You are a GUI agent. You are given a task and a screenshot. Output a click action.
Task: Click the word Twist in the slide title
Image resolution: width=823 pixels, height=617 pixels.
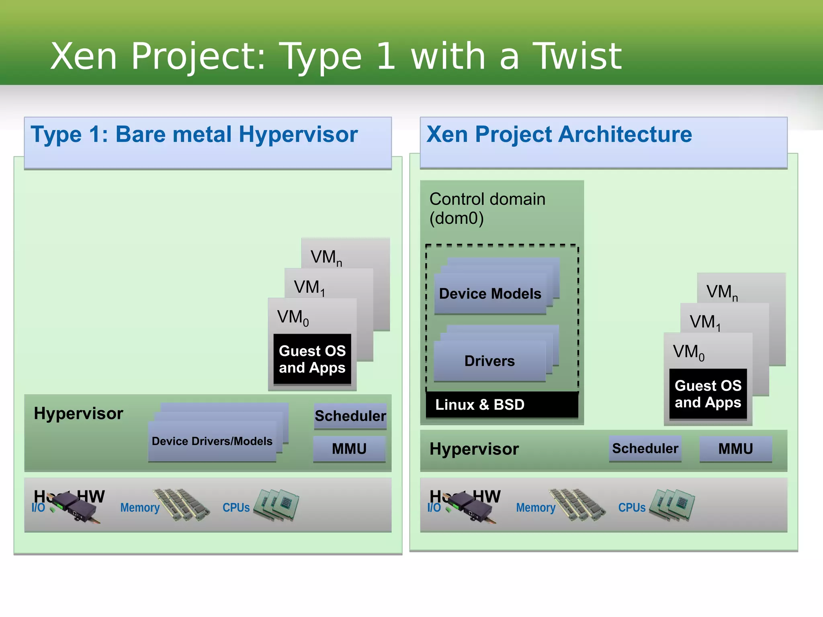pyautogui.click(x=577, y=56)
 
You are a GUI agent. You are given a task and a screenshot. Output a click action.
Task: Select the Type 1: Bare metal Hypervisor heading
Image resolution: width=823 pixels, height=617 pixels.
pyautogui.click(x=194, y=134)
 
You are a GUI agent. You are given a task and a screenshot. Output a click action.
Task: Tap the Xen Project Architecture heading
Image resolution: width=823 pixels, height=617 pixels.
pyautogui.click(x=559, y=134)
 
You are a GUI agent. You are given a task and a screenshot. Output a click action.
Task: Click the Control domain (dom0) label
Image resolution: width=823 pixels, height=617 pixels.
pyautogui.click(x=487, y=208)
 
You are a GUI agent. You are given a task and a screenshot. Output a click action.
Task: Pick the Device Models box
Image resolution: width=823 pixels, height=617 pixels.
pyautogui.click(x=490, y=294)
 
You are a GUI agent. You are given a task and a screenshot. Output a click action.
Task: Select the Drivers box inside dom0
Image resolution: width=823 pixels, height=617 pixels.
pyautogui.click(x=489, y=361)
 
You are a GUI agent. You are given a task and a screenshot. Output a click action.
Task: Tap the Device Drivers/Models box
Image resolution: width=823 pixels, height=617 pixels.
pyautogui.click(x=212, y=441)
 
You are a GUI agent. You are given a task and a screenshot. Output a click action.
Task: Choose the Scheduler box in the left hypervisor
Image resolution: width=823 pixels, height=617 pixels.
pyautogui.click(x=350, y=416)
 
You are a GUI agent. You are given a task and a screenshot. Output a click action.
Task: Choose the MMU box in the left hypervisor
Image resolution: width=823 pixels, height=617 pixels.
pyautogui.click(x=349, y=449)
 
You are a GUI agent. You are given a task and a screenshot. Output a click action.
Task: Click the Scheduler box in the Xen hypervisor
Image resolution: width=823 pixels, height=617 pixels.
pyautogui.click(x=645, y=448)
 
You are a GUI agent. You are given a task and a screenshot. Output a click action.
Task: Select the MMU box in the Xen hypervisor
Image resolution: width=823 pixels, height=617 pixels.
pyautogui.click(x=735, y=449)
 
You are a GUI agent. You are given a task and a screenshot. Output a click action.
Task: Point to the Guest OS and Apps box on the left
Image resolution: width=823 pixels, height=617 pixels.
pyautogui.click(x=312, y=359)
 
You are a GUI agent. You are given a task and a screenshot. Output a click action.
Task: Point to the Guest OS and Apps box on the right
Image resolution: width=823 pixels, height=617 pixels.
pyautogui.click(x=708, y=394)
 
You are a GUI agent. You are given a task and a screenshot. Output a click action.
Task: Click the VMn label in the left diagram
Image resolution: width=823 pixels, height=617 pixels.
pyautogui.click(x=326, y=257)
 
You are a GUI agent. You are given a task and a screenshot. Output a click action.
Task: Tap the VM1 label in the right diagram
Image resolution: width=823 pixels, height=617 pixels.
pyautogui.click(x=705, y=322)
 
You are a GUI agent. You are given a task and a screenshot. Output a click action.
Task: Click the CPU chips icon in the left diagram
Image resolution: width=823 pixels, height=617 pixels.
pyautogui.click(x=277, y=505)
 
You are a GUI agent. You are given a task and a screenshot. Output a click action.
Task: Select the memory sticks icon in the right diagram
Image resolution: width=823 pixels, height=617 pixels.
pyautogui.click(x=577, y=505)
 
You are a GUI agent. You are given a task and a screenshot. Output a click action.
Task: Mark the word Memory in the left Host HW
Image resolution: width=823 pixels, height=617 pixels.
pyautogui.click(x=140, y=508)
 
